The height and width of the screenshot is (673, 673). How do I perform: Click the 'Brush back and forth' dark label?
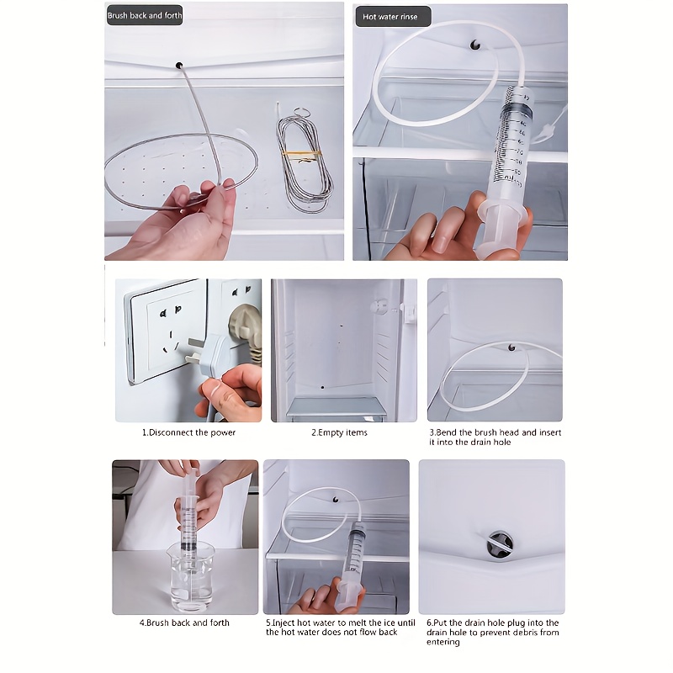point(145,15)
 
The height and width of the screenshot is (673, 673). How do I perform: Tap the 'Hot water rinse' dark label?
point(393,17)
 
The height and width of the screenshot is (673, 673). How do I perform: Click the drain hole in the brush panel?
point(179,66)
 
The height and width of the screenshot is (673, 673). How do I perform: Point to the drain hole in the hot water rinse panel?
point(475,45)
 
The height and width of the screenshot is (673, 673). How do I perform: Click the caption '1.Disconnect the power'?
point(188,432)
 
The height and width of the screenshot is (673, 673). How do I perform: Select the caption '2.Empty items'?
point(340,432)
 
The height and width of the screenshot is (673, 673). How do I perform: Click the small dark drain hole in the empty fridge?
point(322,387)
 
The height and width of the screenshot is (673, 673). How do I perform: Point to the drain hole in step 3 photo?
point(511,347)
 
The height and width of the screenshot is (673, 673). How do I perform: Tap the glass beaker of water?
point(191,576)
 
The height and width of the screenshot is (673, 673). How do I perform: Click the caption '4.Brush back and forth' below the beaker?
point(184,623)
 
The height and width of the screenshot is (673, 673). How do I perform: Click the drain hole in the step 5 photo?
point(336,499)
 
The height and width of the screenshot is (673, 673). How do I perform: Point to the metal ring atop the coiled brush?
point(302,113)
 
